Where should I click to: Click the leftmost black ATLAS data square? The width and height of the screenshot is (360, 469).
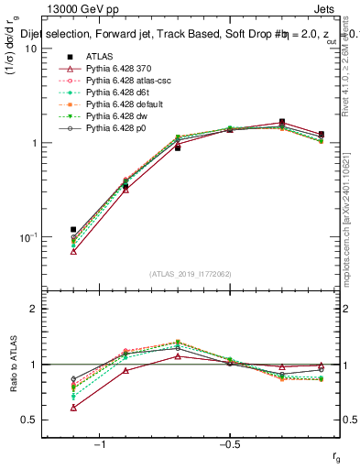tap(73, 230)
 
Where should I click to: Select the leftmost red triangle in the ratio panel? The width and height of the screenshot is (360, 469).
tap(73, 408)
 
